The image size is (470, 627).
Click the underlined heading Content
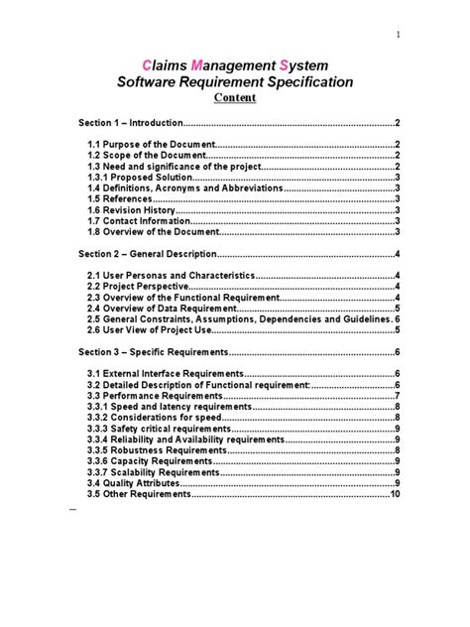click(x=235, y=98)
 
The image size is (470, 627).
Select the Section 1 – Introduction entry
click(x=132, y=123)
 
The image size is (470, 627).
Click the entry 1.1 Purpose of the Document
click(x=147, y=145)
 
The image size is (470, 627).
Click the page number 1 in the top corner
click(x=399, y=37)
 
